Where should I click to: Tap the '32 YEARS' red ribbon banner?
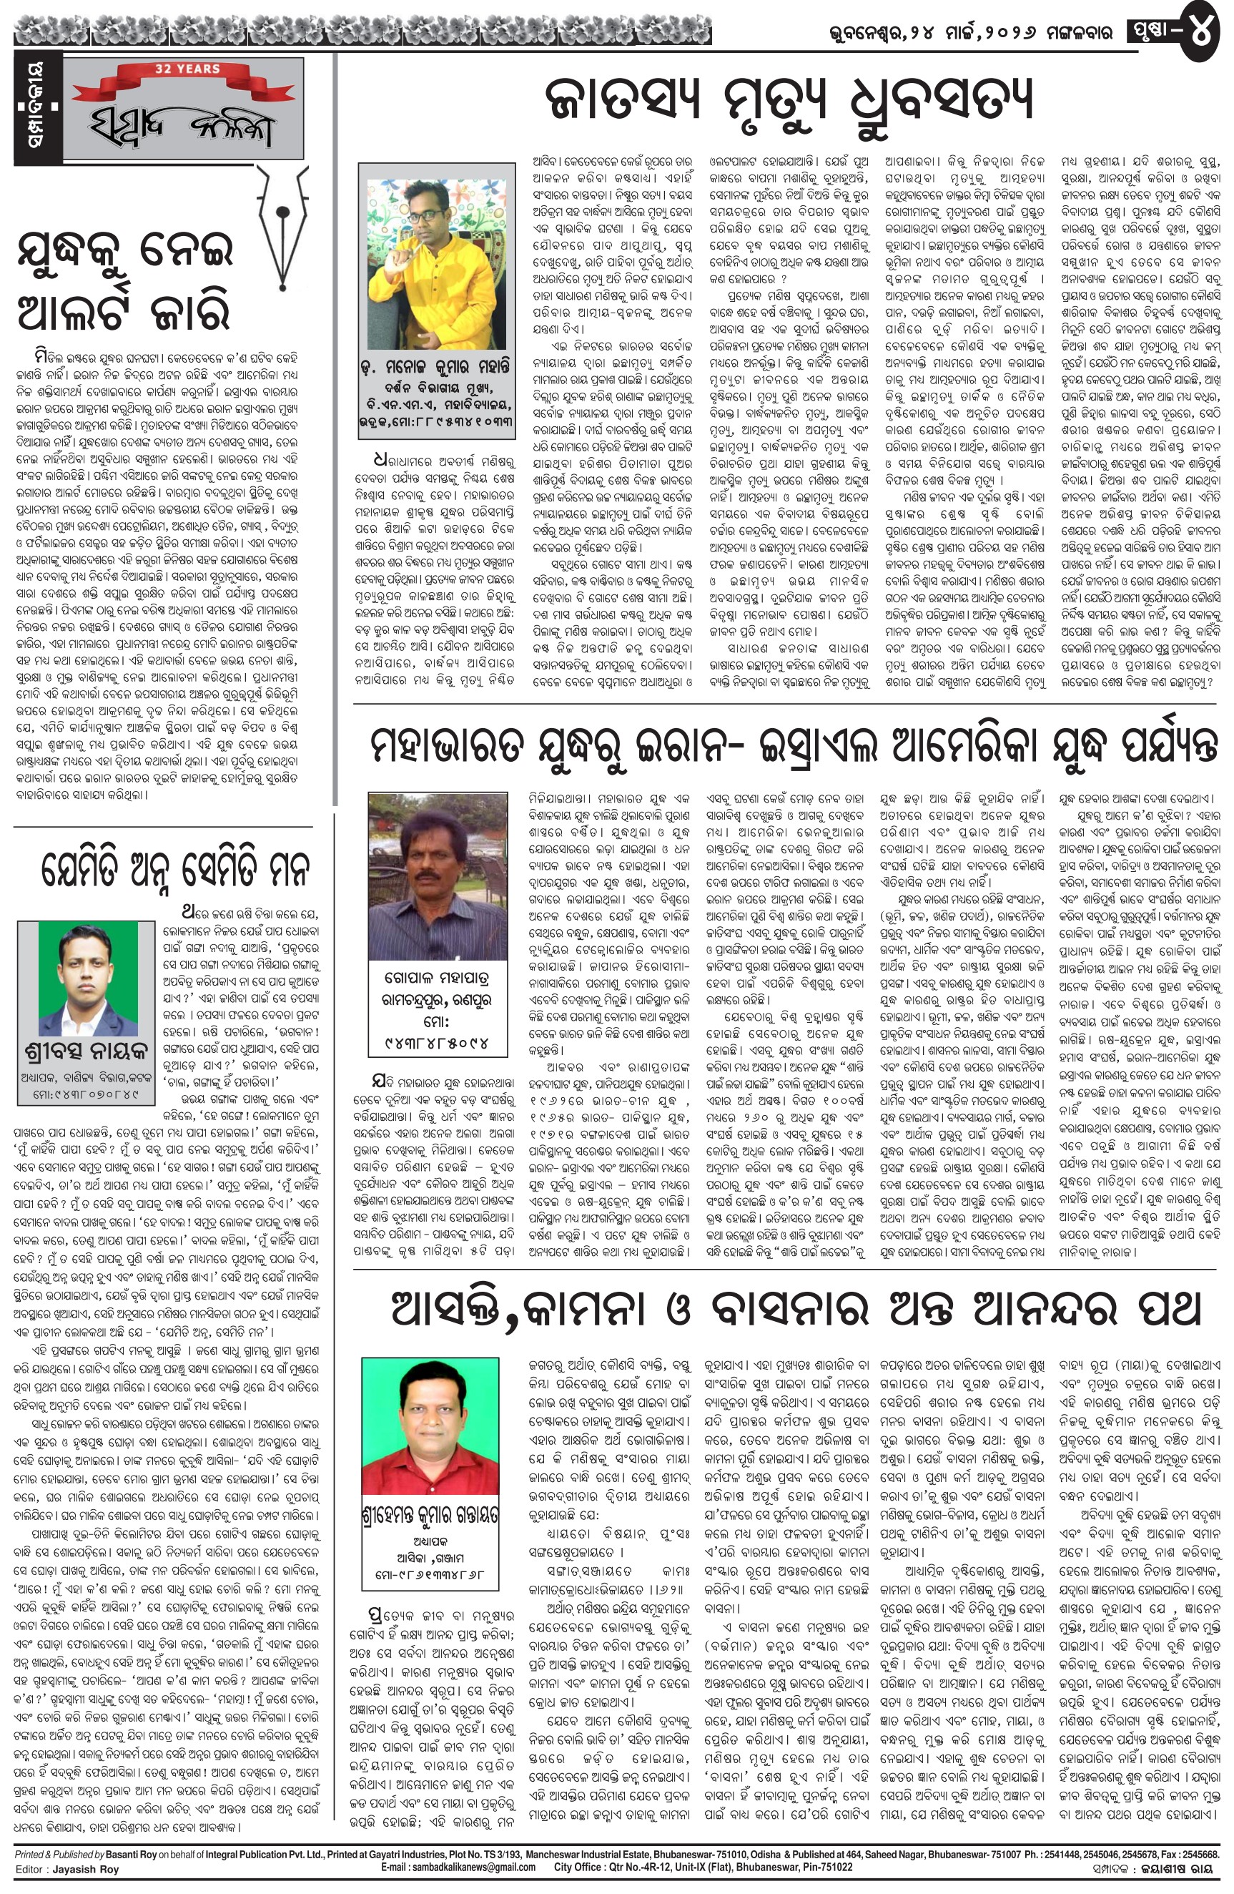187,69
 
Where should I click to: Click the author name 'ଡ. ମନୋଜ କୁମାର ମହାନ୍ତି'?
435,367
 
